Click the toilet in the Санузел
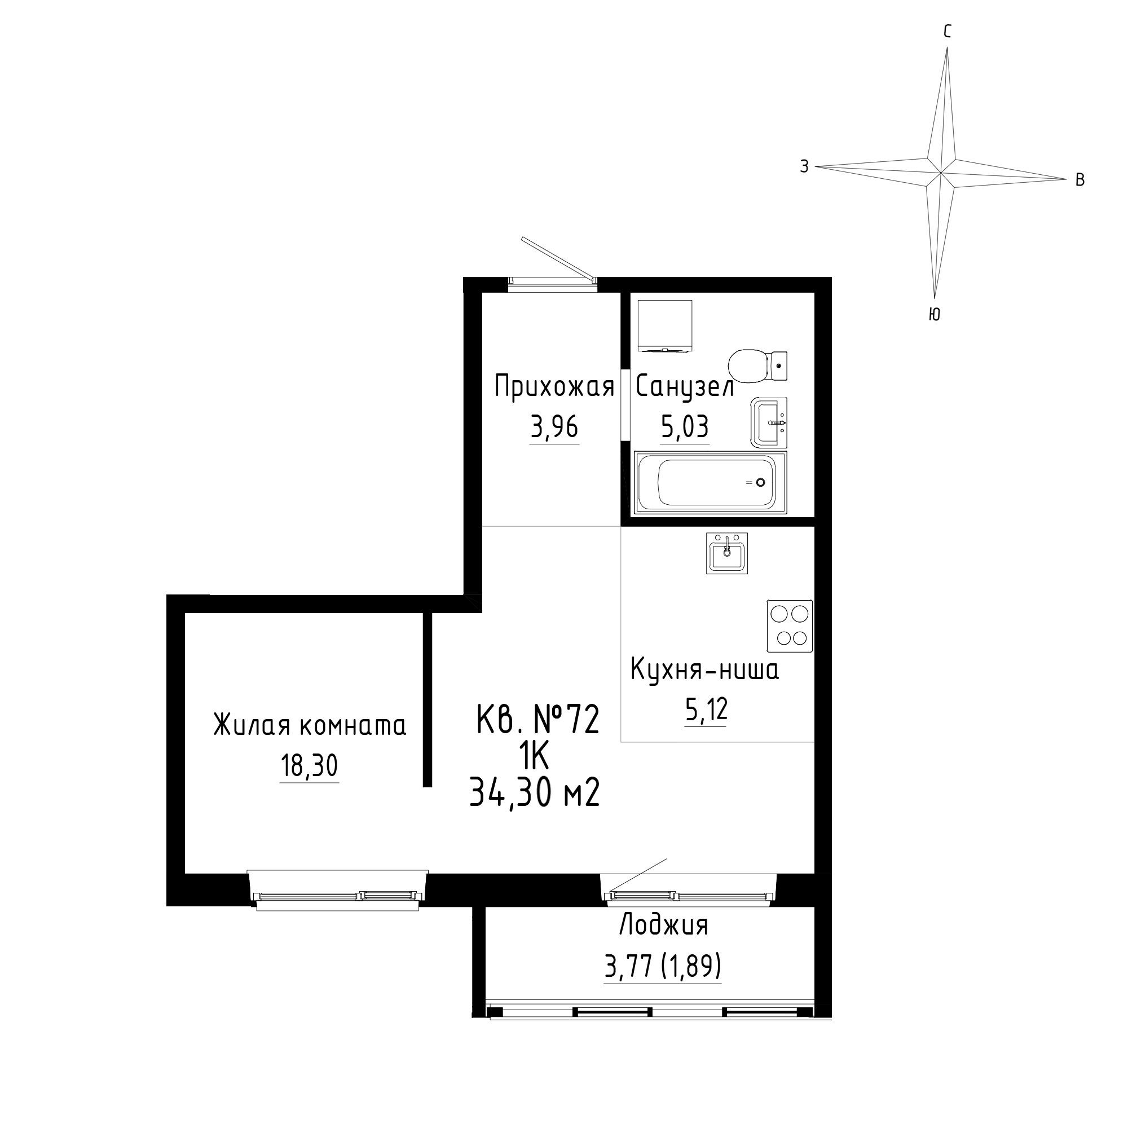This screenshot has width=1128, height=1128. [758, 367]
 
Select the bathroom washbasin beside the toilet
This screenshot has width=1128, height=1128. [769, 422]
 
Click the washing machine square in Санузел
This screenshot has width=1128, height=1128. [665, 326]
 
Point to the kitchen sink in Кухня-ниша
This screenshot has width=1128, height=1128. [727, 553]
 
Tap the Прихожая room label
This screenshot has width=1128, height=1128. [554, 387]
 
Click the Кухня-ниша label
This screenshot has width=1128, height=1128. [704, 671]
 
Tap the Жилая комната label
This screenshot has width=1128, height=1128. [310, 726]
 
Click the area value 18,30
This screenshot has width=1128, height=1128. [310, 765]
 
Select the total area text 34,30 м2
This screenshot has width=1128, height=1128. [535, 794]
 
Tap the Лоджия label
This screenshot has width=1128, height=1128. [663, 926]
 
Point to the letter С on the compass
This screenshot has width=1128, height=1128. [948, 32]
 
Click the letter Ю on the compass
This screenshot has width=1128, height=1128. [934, 314]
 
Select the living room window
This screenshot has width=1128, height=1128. [337, 892]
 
